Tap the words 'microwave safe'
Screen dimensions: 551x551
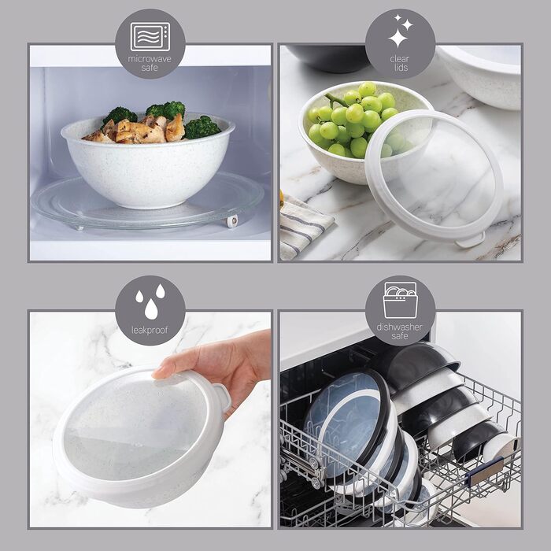click(x=150, y=63)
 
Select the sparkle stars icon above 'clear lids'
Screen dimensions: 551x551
click(x=400, y=32)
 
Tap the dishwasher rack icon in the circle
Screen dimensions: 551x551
click(x=400, y=300)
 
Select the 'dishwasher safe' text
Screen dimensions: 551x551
click(x=400, y=331)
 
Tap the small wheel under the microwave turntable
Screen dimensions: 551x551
click(x=231, y=221)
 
